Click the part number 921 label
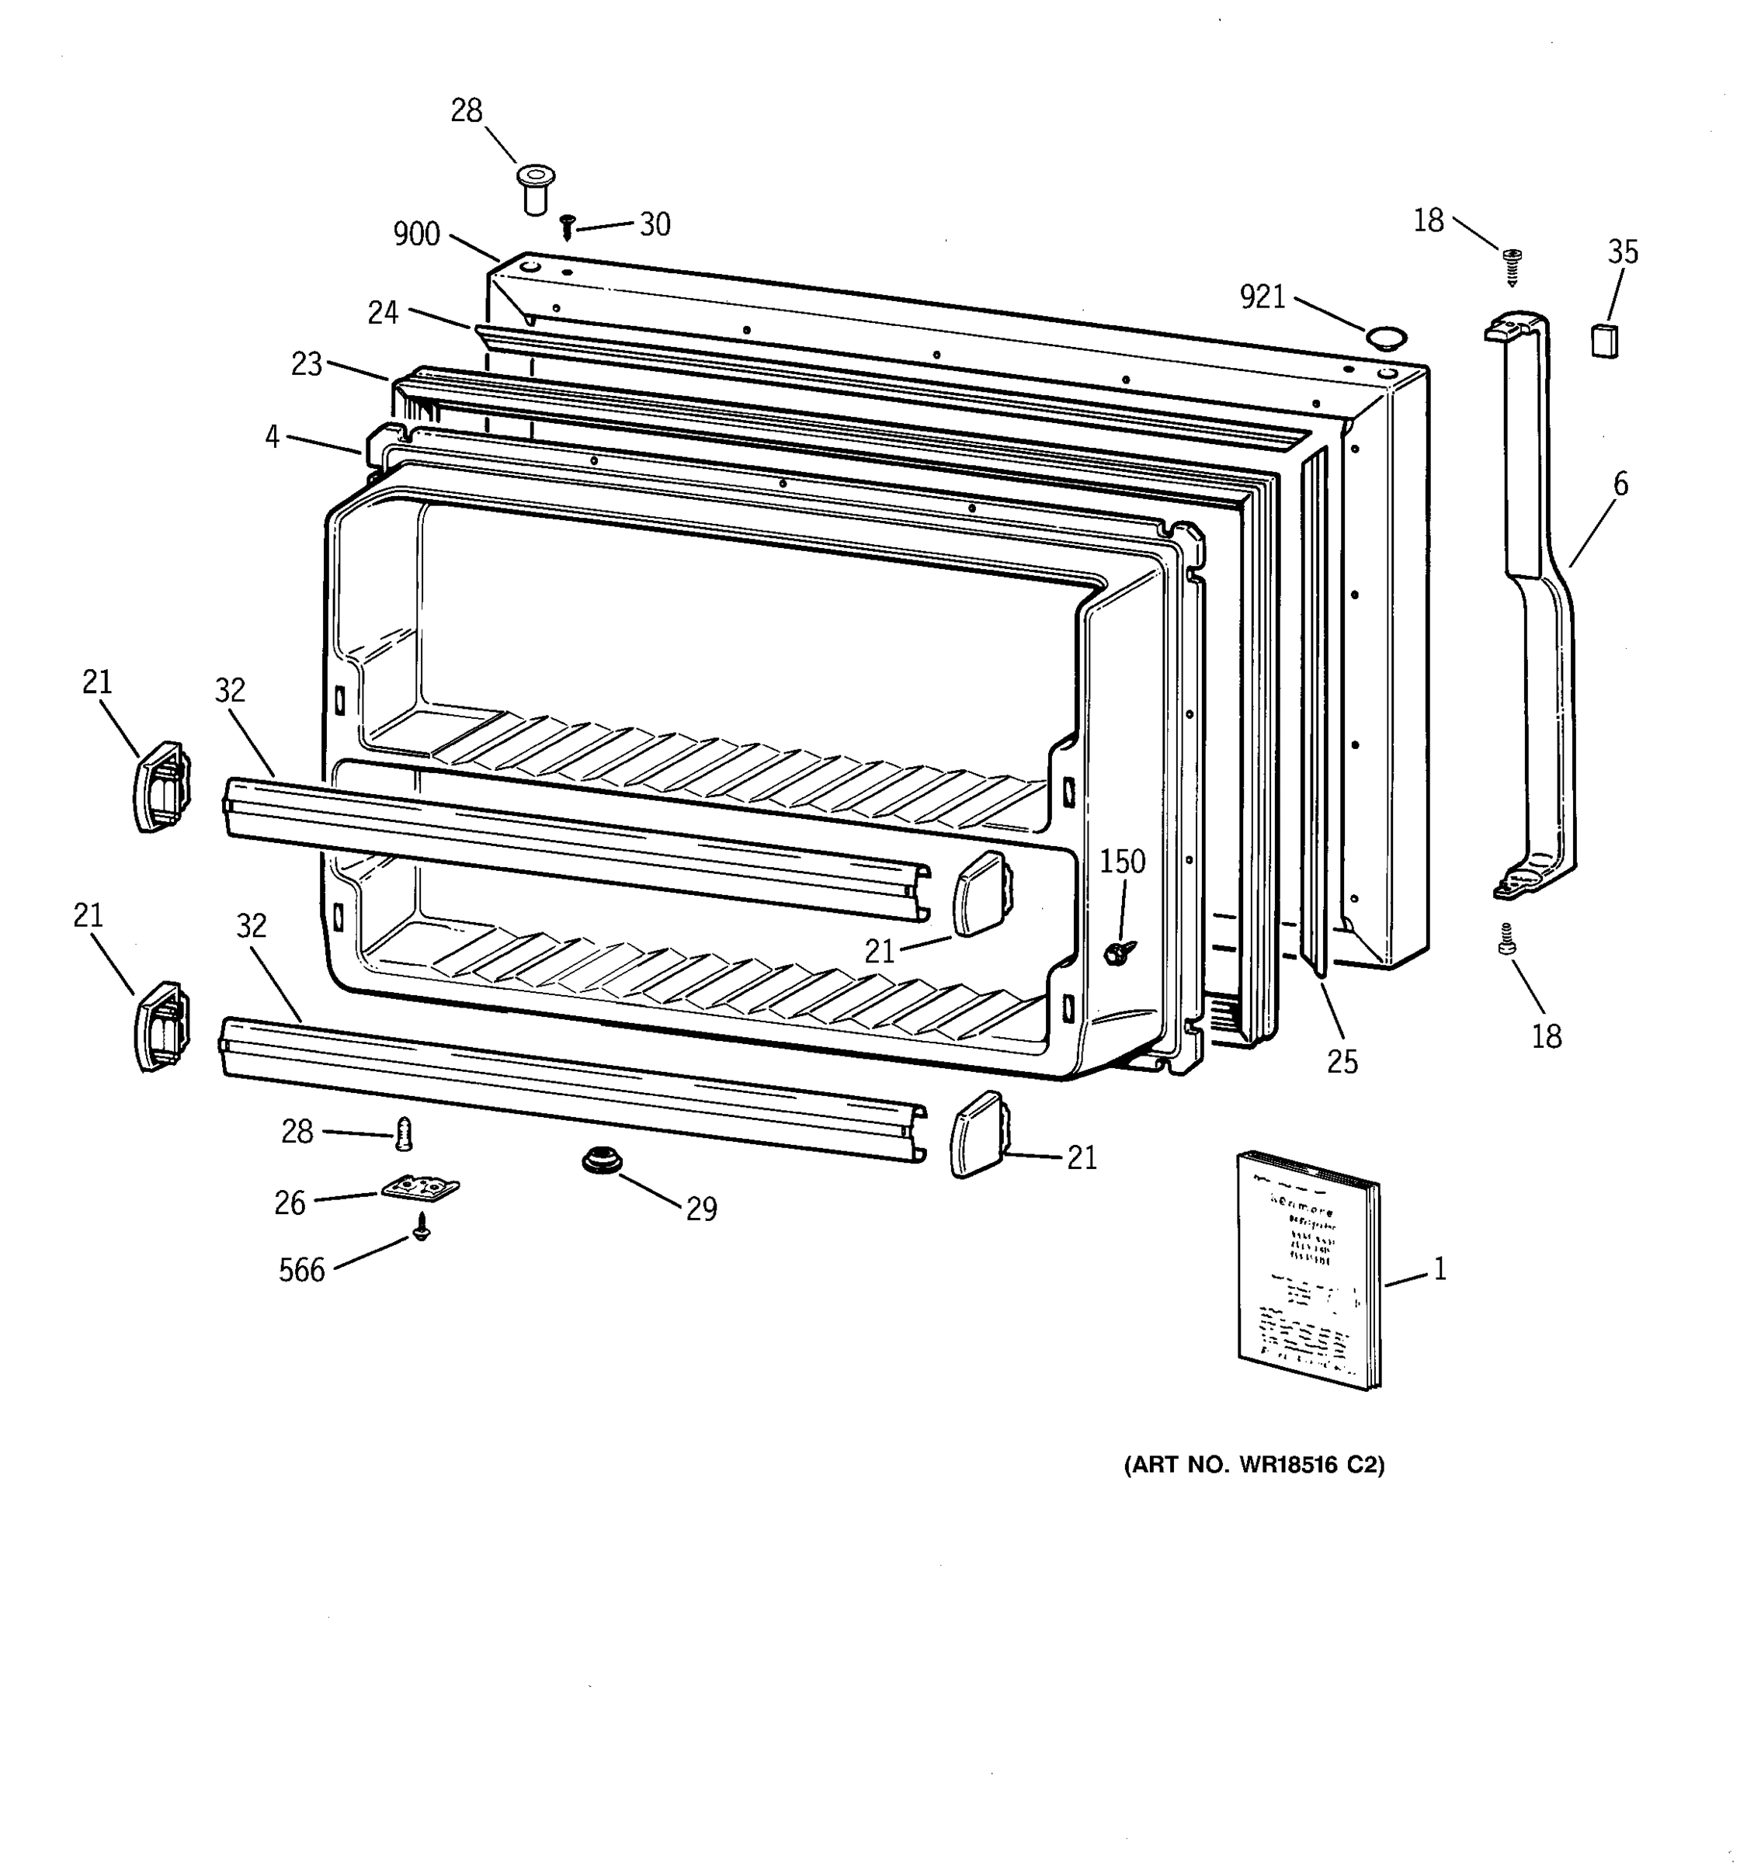1262,297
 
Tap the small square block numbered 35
1605,339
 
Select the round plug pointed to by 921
1386,336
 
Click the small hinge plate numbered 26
420,1188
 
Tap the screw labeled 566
422,1226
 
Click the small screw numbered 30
566,226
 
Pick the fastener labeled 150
1117,953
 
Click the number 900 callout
416,234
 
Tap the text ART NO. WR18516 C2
1254,1464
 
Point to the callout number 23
307,363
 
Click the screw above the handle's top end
1511,265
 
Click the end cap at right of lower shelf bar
978,1134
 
